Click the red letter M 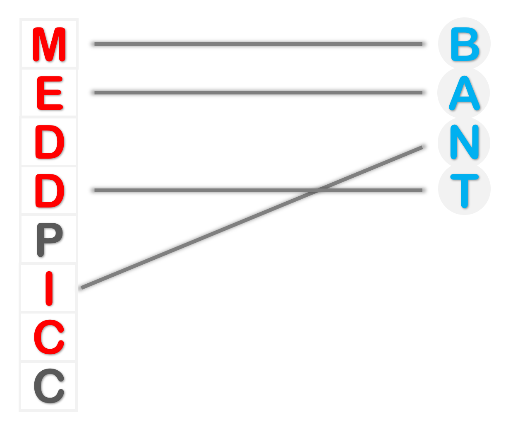[x=49, y=44]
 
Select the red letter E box [x=49, y=93]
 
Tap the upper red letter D [x=49, y=142]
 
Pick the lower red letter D [x=49, y=191]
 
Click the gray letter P [x=49, y=239]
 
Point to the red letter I [x=49, y=288]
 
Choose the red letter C [x=49, y=337]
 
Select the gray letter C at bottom [x=49, y=386]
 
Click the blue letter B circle [x=464, y=44]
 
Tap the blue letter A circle [x=464, y=93]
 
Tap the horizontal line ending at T [x=207, y=191]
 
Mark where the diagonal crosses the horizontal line [x=318, y=191]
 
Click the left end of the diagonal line [x=82, y=287]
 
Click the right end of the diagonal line [x=421, y=147]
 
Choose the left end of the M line [x=96, y=44]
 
